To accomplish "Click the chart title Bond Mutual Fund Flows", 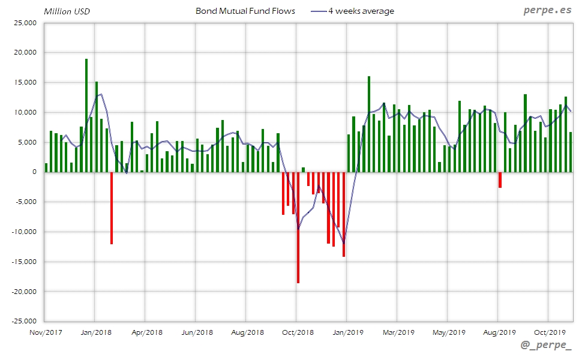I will [x=245, y=11].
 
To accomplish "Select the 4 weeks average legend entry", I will [x=361, y=11].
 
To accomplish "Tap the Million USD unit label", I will [x=67, y=11].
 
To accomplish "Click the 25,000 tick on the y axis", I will [x=25, y=23].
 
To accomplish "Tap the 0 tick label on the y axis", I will [x=34, y=172].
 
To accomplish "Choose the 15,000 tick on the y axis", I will [x=25, y=83].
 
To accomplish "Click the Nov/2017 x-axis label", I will [x=46, y=332].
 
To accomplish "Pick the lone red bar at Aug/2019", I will [x=500, y=180].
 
